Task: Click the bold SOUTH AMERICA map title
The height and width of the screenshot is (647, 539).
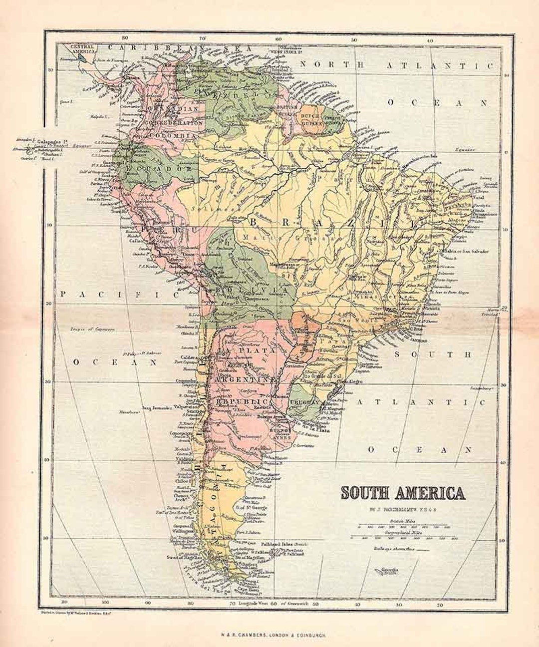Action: [x=402, y=493]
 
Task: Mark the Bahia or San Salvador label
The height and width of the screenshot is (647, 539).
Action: [x=464, y=251]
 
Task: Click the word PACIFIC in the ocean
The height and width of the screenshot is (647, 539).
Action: [x=119, y=295]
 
